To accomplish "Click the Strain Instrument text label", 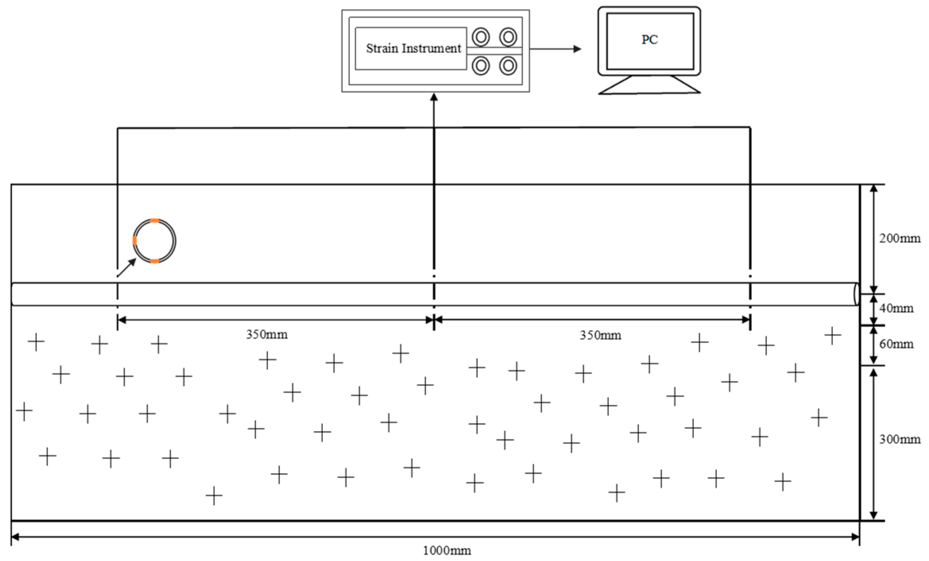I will (413, 48).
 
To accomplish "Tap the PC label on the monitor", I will (649, 40).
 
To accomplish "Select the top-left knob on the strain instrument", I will (481, 37).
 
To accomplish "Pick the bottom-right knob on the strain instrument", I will (508, 66).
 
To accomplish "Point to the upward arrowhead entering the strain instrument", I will (434, 96).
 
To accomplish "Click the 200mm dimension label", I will (899, 238).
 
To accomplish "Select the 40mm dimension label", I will (896, 308).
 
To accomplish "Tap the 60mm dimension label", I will (896, 344).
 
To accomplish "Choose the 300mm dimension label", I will (899, 439).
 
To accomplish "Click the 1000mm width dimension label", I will (447, 551).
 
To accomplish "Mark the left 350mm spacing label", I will (267, 334).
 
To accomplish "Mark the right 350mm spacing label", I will (600, 335).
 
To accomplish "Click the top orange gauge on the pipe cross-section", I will (155, 220).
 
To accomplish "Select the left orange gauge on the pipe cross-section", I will (135, 240).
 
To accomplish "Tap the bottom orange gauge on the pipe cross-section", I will (155, 261).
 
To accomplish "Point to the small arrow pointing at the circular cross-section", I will (127, 267).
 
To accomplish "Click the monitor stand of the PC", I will (649, 85).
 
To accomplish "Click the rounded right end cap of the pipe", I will (856, 294).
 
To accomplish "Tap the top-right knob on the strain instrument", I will (508, 37).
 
